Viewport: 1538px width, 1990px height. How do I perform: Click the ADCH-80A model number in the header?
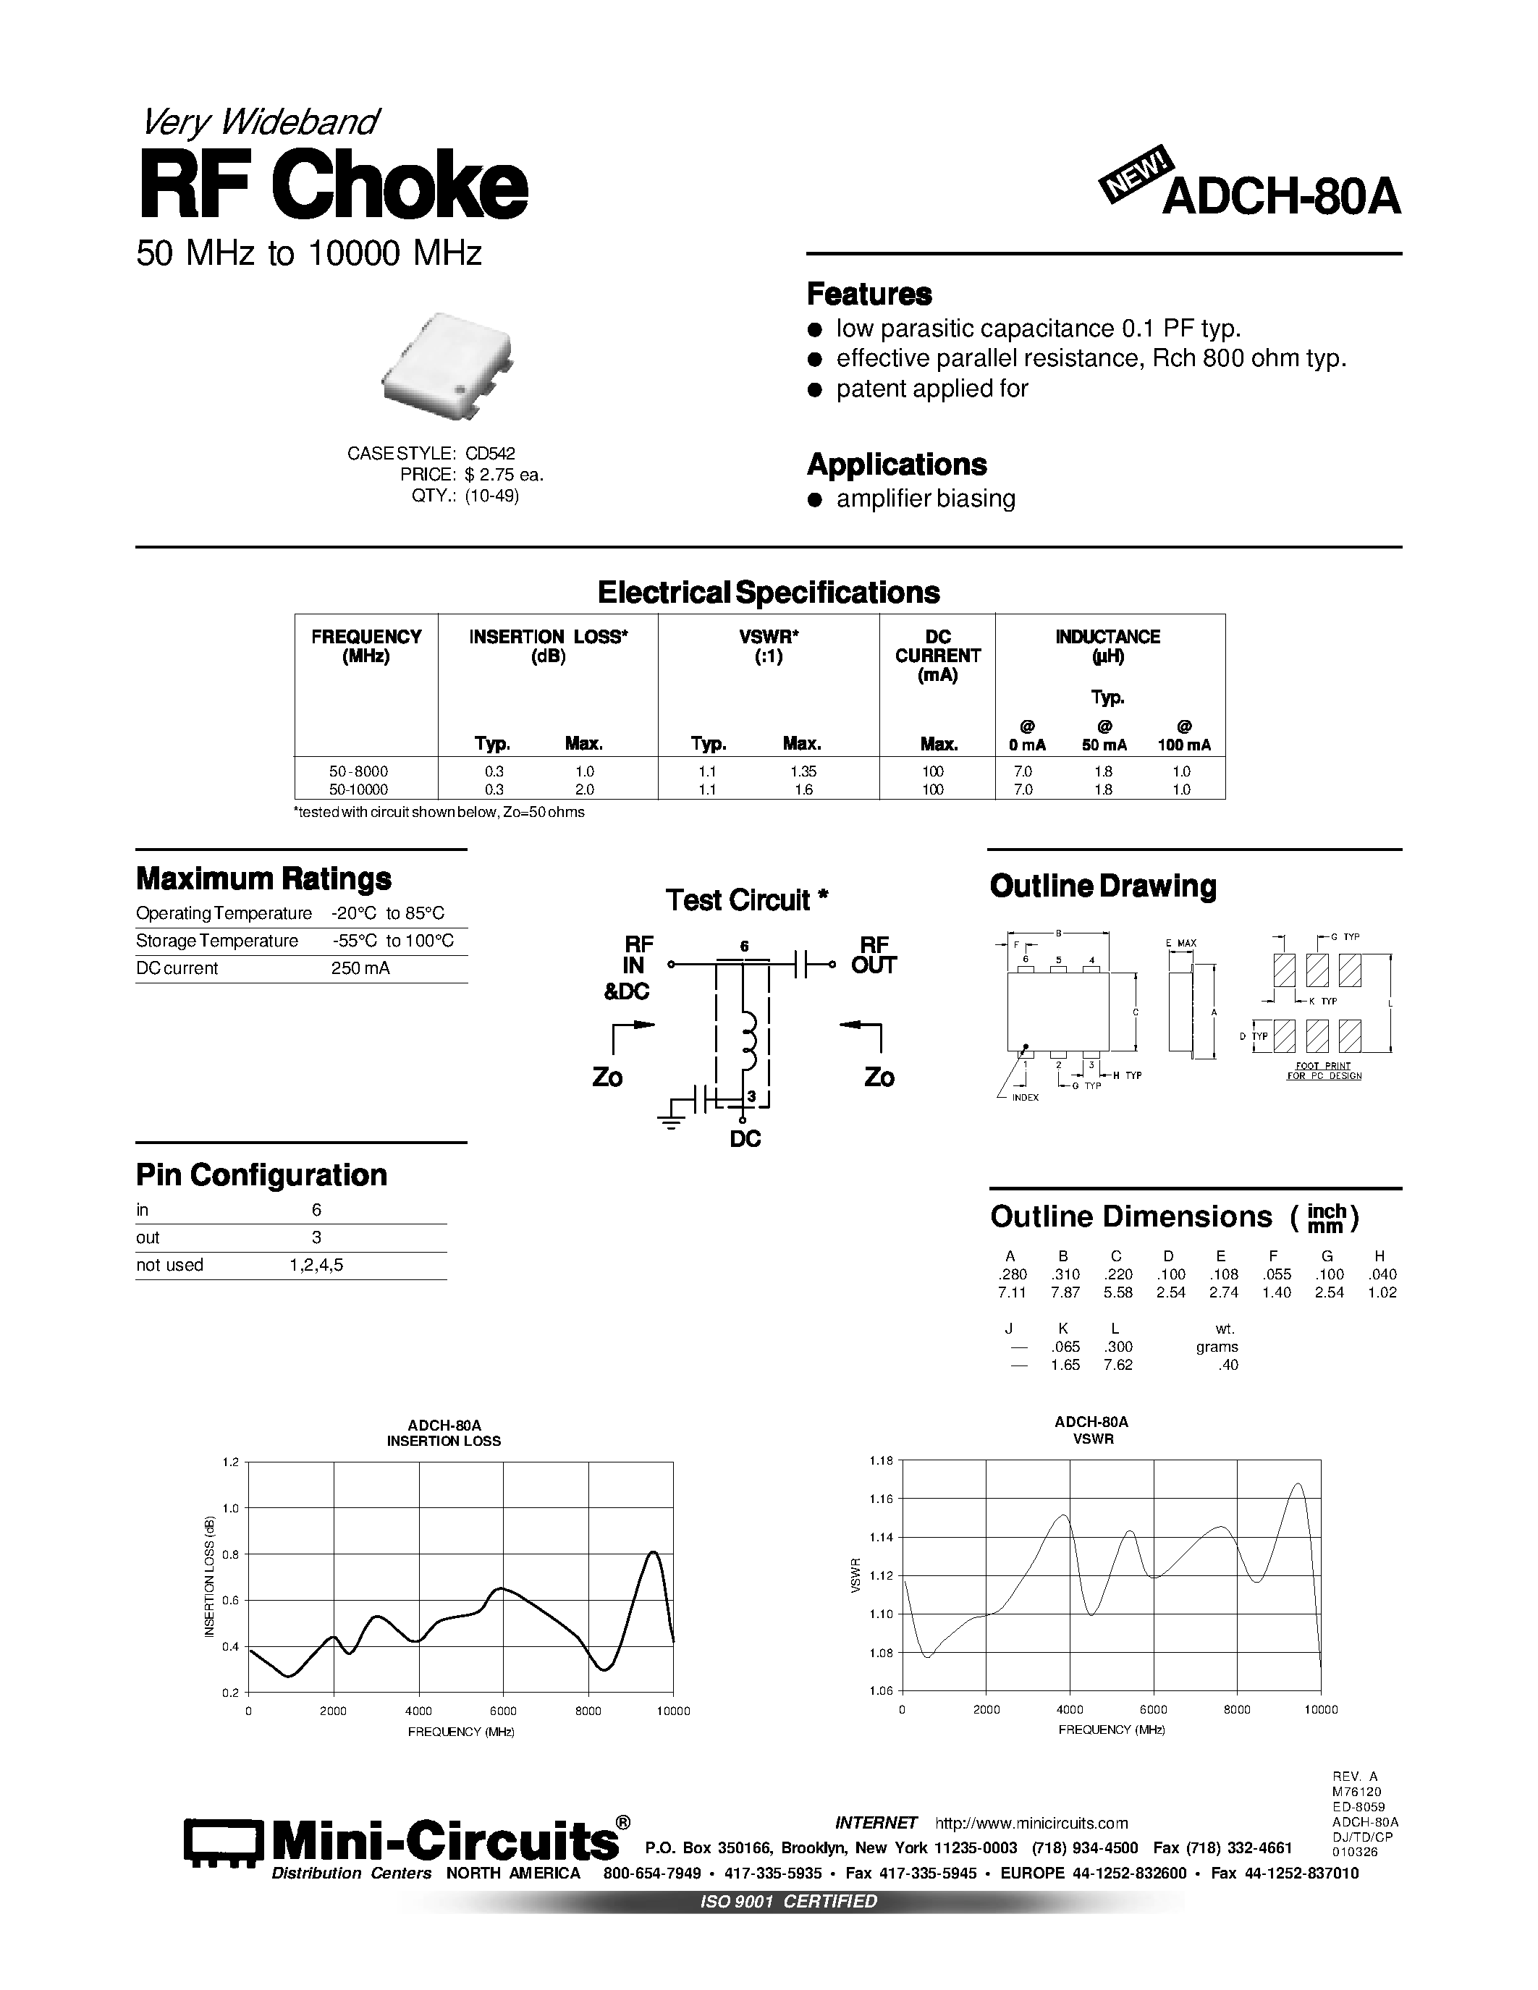(1281, 197)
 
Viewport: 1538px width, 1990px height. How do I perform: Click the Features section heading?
(869, 295)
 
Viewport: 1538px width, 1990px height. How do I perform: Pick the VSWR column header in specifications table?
(768, 645)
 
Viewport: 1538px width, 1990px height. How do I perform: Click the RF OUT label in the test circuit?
(873, 955)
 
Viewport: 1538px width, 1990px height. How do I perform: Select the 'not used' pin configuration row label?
(169, 1266)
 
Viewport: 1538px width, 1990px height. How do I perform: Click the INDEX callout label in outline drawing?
(1025, 1098)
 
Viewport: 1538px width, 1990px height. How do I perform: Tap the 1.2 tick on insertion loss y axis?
(229, 1462)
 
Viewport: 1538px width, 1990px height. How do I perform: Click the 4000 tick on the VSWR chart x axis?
(1070, 1710)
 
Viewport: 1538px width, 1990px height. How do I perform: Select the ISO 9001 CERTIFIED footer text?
(787, 1902)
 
